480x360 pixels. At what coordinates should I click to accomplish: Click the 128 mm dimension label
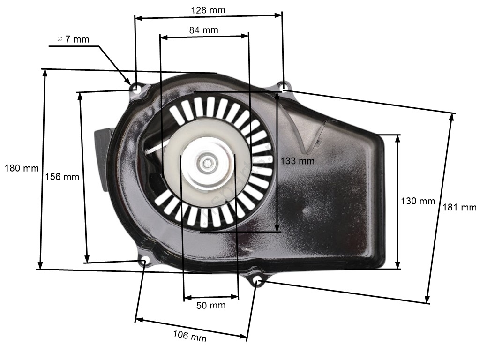208,10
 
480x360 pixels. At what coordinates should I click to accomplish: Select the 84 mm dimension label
203,30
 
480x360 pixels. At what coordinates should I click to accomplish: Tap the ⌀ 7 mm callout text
73,39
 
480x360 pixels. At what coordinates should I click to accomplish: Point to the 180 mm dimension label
22,168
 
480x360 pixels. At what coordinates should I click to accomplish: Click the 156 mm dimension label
62,177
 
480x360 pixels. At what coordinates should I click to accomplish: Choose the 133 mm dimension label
298,161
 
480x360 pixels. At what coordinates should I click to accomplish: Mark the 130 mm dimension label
418,201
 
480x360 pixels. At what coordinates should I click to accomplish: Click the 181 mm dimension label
459,207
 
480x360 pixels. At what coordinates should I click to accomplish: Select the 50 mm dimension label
211,305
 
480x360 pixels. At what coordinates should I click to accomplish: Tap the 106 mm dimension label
190,336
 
